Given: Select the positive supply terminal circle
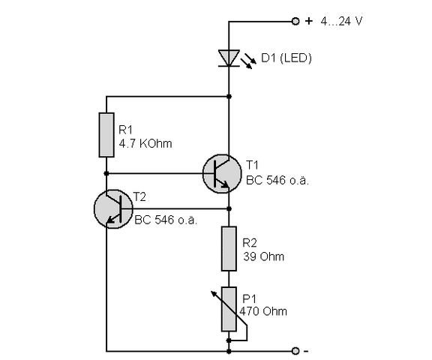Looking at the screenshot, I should point(295,21).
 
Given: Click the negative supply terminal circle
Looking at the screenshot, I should point(295,350).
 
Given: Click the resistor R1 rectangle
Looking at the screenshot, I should point(106,134).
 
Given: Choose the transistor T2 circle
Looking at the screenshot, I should point(113,208).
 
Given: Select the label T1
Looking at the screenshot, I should point(252,163).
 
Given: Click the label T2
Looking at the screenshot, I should point(139,196).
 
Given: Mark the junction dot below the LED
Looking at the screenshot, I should point(228,96).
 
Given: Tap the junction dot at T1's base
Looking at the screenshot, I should point(106,173).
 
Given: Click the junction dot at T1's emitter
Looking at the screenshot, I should point(228,208).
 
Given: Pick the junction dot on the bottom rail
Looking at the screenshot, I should point(228,350).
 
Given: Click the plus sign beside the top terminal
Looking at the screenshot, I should point(308,21).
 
